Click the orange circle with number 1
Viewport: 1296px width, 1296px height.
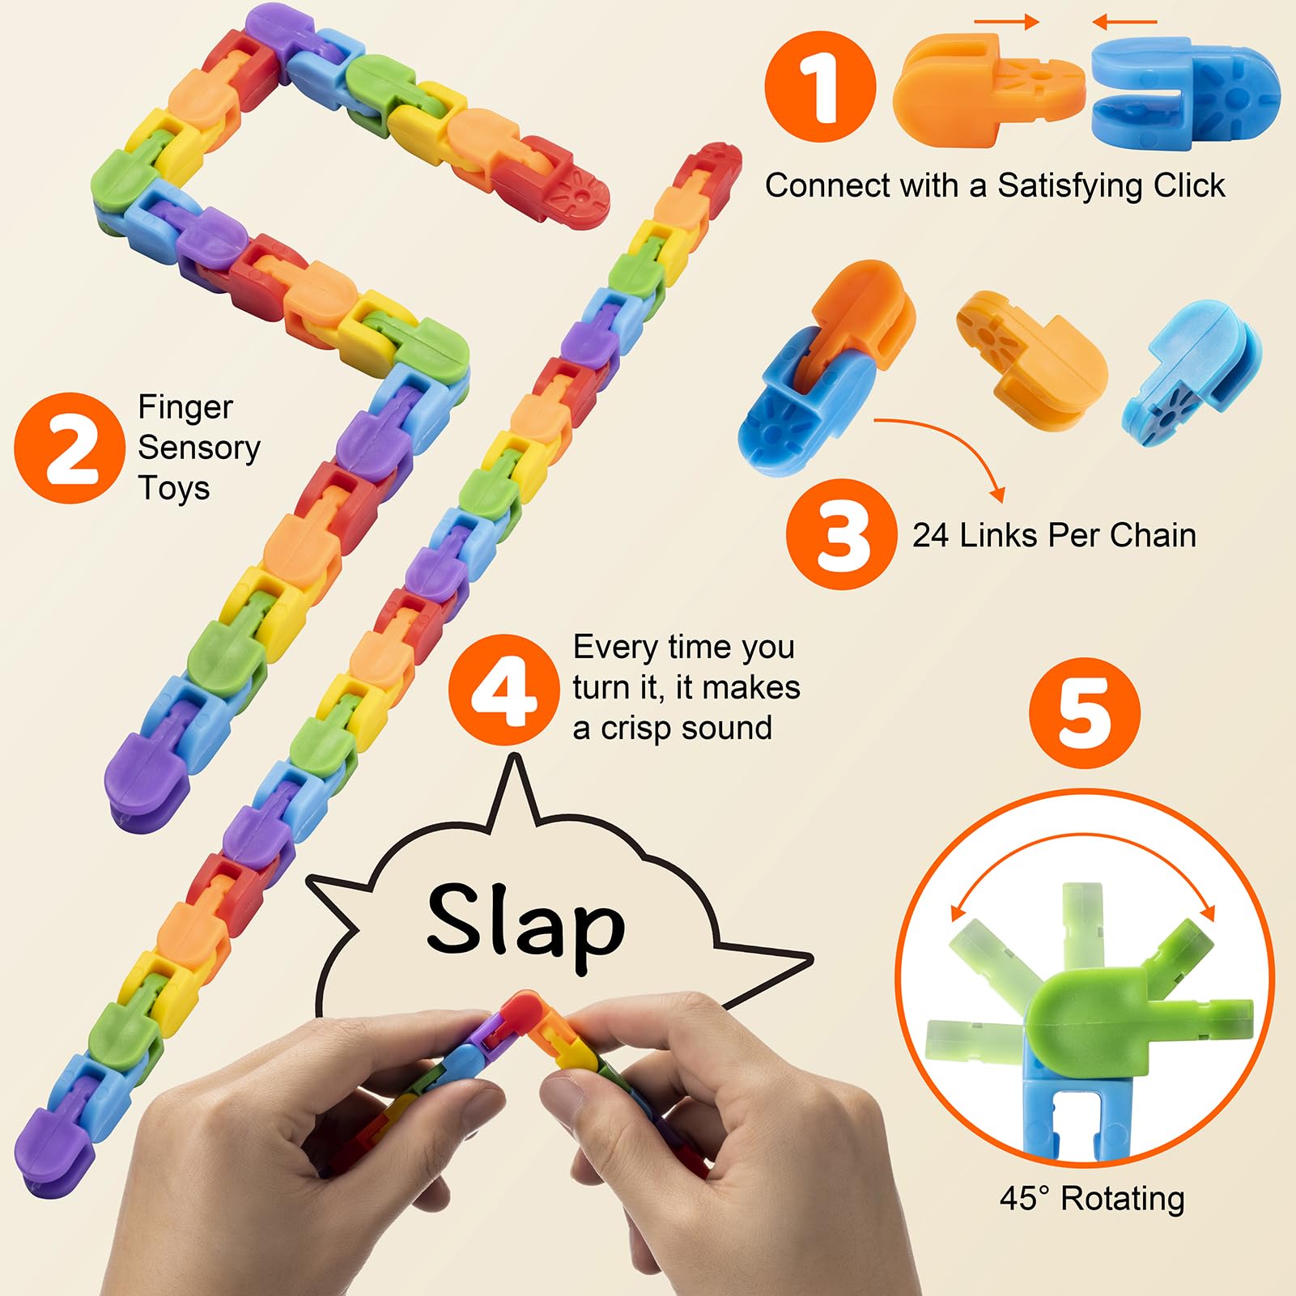pos(821,87)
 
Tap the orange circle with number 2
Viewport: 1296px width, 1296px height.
pos(70,448)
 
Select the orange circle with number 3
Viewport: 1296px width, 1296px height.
pos(842,534)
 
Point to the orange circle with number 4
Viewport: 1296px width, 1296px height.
pos(504,690)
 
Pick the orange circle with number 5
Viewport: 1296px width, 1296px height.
pos(1084,712)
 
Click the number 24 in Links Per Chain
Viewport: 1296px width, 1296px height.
pos(930,536)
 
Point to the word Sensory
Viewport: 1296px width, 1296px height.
pos(199,448)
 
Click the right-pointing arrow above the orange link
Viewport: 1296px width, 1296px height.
pos(1005,22)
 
